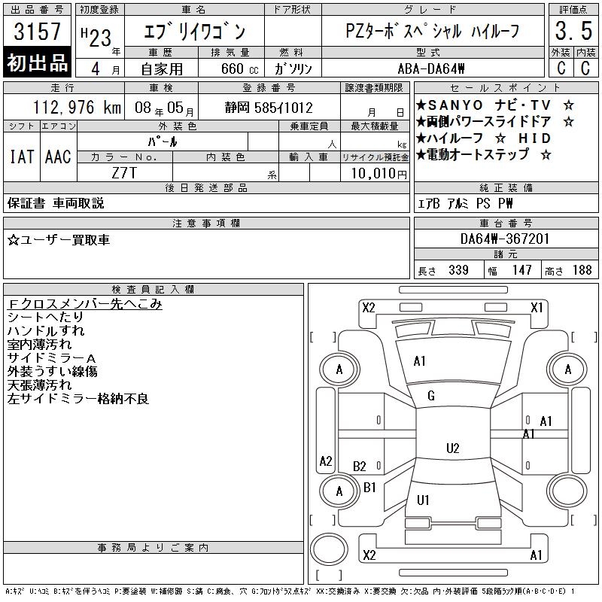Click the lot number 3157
(x=37, y=32)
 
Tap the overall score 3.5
(x=573, y=31)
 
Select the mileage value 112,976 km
(x=77, y=108)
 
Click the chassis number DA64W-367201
(x=505, y=239)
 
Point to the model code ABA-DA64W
(x=431, y=68)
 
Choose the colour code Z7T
(x=124, y=173)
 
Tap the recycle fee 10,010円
(x=379, y=174)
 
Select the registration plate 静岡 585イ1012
(x=269, y=108)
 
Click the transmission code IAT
(x=22, y=157)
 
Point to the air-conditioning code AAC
(x=58, y=157)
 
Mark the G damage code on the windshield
(x=430, y=396)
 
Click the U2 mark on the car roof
(x=453, y=448)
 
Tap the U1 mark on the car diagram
(x=423, y=500)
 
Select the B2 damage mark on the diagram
(x=360, y=467)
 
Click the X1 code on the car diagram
(x=537, y=308)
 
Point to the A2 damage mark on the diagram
(x=326, y=461)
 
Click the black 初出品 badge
(x=37, y=62)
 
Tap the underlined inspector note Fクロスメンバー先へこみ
(x=84, y=304)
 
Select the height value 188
(x=582, y=270)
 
